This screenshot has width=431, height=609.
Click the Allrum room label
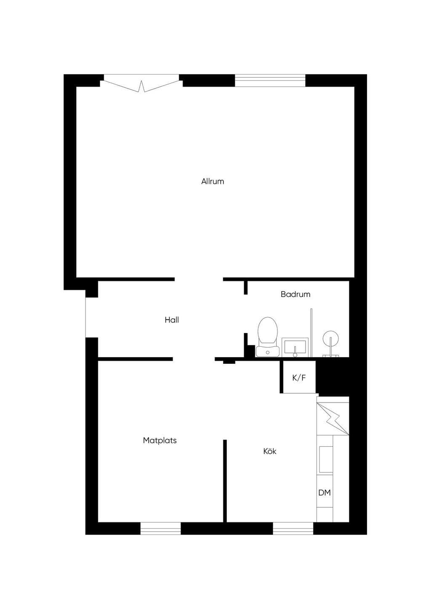pos(213,181)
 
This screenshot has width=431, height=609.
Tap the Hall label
pos(172,320)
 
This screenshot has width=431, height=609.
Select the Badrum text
pos(295,294)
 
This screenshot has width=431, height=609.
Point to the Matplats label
pos(160,440)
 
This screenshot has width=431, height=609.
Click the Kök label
pos(270,451)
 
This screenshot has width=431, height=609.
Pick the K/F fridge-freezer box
pos(299,377)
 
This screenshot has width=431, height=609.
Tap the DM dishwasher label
pos(325,492)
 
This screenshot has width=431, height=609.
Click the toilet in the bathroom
pos(267,337)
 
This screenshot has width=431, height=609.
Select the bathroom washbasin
pos(295,347)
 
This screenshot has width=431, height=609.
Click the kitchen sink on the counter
pos(326,459)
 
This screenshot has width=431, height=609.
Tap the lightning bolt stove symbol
pos(333,419)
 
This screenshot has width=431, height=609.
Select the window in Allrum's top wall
pos(270,80)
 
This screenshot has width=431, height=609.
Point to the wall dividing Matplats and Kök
pos(225,485)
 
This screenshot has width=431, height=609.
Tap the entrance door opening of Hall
pos(86,318)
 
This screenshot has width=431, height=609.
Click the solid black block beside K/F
pos(333,379)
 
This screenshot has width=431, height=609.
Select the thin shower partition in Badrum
pos(311,333)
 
